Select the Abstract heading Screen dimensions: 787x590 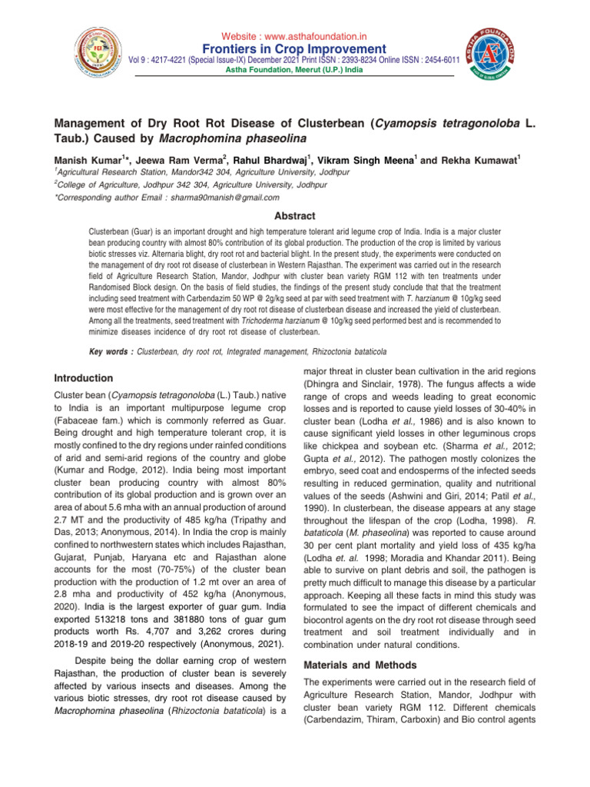[x=295, y=217]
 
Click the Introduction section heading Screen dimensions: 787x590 [x=85, y=378]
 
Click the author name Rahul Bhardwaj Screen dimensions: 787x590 [x=269, y=160]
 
